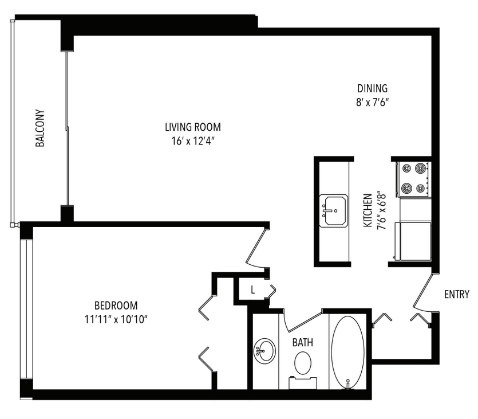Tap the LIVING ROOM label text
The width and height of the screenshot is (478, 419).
(192, 127)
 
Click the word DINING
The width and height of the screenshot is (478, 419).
(373, 88)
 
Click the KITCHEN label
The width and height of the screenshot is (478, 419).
(368, 211)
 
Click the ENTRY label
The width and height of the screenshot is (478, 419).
(456, 295)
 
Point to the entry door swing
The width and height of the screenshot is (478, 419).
(422, 292)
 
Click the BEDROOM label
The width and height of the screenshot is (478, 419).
(116, 305)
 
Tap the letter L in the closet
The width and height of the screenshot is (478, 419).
(252, 290)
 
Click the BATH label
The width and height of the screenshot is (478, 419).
(302, 343)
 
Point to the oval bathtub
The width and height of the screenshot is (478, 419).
(347, 350)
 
